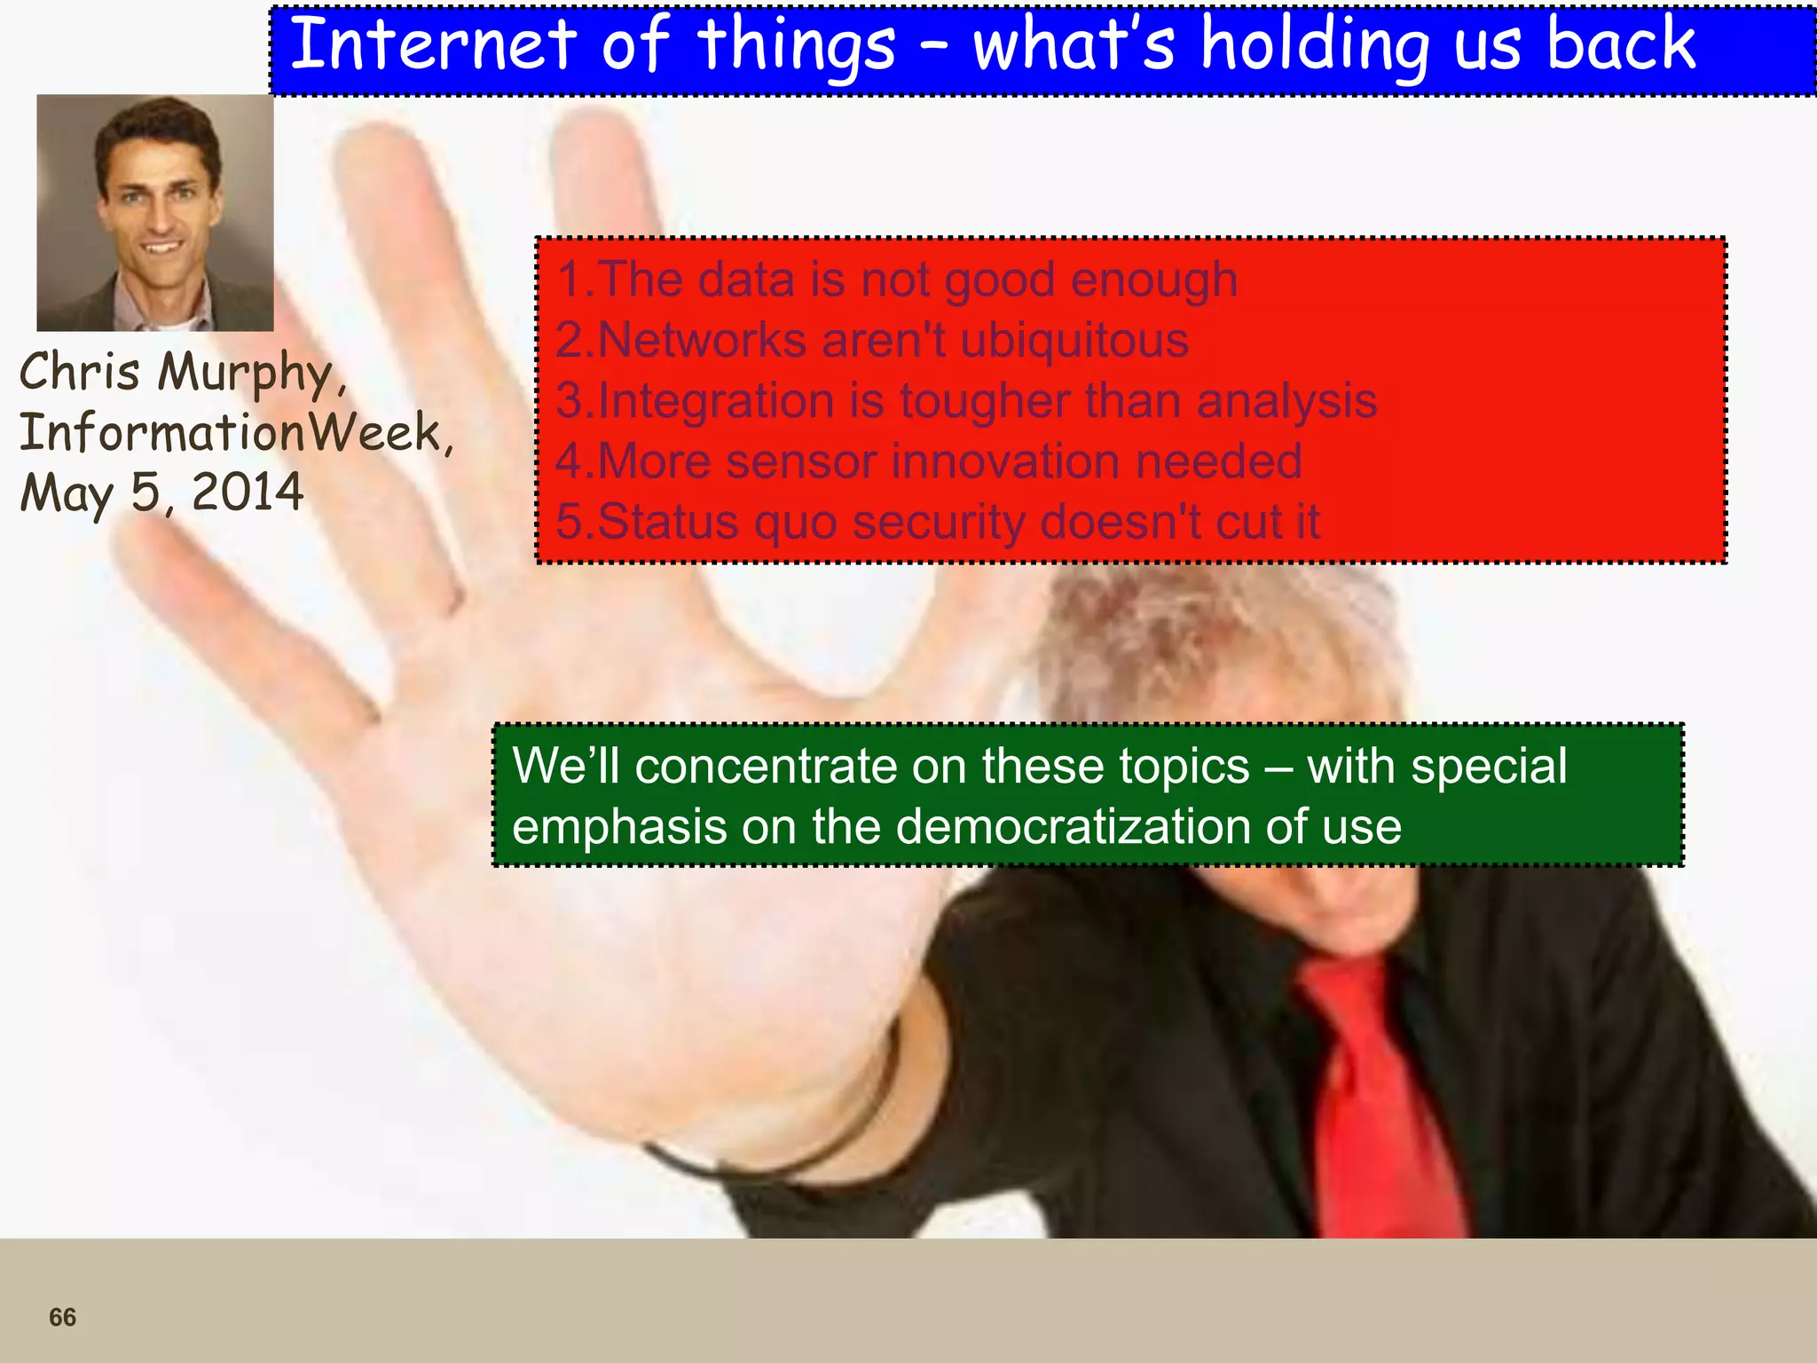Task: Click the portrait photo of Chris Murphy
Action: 155,213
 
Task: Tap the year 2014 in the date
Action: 248,492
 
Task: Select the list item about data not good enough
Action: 896,280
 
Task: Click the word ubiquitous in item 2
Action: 1074,340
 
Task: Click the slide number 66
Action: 62,1317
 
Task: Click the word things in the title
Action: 796,46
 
